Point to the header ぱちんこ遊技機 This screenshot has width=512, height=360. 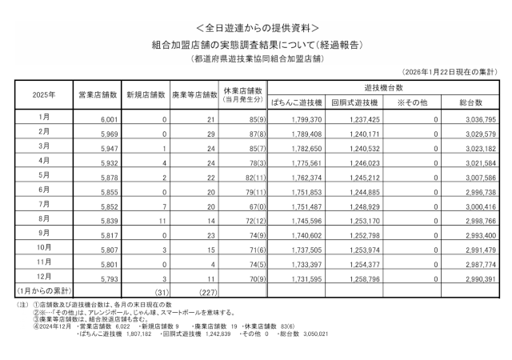296,103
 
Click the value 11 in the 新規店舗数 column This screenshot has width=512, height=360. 160,218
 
